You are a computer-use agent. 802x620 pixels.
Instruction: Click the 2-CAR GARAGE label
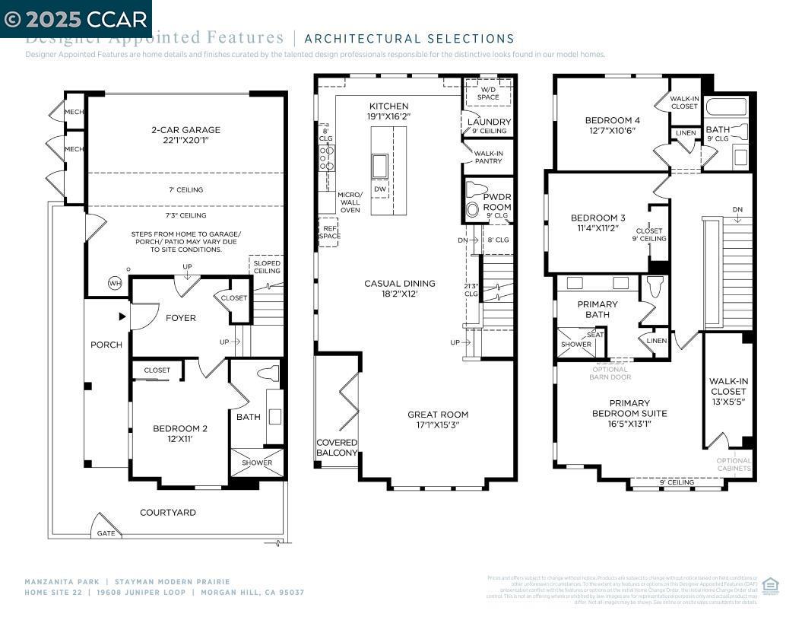point(185,130)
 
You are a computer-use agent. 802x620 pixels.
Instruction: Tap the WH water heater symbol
point(116,283)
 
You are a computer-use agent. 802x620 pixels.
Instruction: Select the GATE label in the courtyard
point(106,533)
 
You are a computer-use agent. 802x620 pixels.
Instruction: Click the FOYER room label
point(180,318)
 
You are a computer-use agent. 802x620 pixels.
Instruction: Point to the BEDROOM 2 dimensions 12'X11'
point(180,439)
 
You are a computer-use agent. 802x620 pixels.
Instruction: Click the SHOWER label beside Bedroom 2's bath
point(257,463)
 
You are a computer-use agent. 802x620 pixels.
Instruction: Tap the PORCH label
point(106,345)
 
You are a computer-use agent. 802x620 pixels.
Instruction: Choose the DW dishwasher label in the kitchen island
point(379,189)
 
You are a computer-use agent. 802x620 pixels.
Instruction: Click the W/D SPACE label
point(489,93)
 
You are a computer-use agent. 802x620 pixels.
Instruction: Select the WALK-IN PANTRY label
point(488,157)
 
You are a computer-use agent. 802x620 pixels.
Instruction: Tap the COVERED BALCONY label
point(337,447)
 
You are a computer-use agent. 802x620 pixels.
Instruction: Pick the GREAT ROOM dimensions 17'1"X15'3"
point(438,425)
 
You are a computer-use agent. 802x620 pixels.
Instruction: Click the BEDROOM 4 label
point(612,120)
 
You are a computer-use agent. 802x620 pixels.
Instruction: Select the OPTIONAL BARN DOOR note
point(610,374)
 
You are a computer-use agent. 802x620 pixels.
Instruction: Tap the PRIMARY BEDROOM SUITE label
point(629,409)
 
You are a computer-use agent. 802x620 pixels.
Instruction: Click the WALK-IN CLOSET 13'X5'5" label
point(728,391)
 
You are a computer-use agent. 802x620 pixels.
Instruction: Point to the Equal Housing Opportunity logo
point(769,584)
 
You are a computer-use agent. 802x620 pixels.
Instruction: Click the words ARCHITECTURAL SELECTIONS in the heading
point(410,39)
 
